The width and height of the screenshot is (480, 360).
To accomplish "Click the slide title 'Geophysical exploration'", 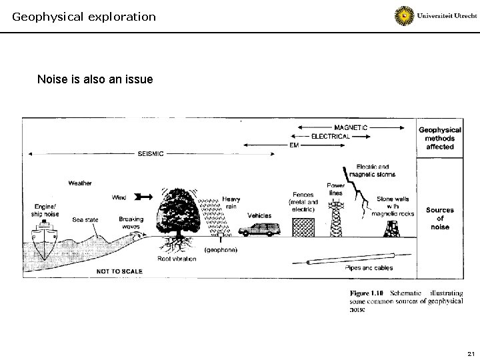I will coord(84,16).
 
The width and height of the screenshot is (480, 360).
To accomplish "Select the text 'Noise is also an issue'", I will coord(95,80).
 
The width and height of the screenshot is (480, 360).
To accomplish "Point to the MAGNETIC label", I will coord(351,127).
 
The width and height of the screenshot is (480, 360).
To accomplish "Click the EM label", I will coord(294,144).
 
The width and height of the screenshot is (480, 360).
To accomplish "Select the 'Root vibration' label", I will coord(177,259).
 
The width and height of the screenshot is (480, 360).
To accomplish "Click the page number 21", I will coord(470,353).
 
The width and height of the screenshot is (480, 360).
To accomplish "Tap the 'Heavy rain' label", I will coord(231,202).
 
